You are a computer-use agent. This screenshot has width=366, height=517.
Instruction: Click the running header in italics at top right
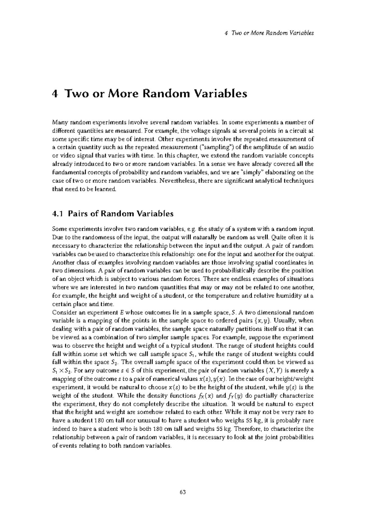pyautogui.click(x=269, y=33)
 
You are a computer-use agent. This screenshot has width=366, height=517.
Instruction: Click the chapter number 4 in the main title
pyautogui.click(x=55, y=94)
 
